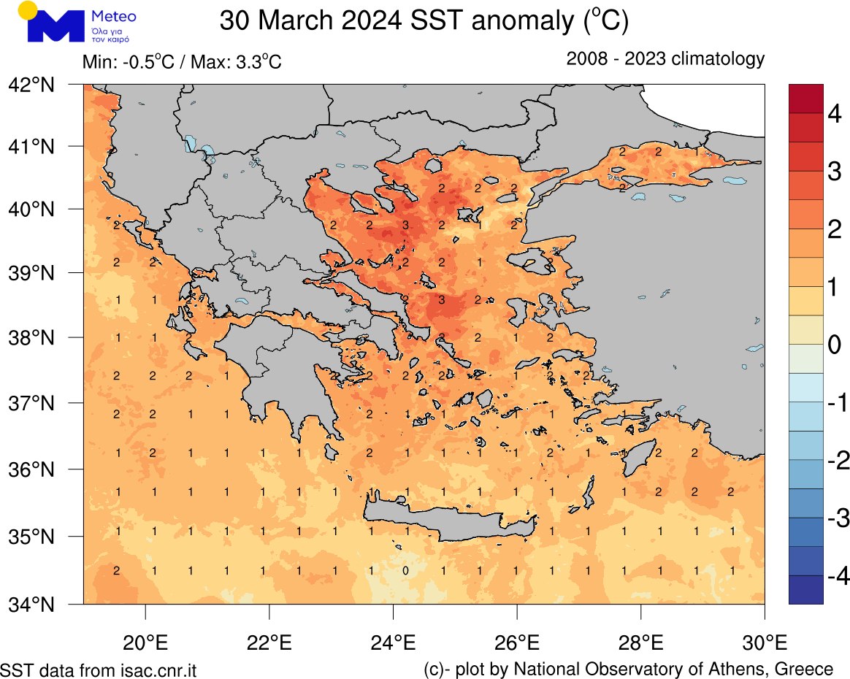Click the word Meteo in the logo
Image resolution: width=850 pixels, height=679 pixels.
tap(115, 16)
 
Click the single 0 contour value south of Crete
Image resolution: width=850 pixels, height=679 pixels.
tap(405, 570)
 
